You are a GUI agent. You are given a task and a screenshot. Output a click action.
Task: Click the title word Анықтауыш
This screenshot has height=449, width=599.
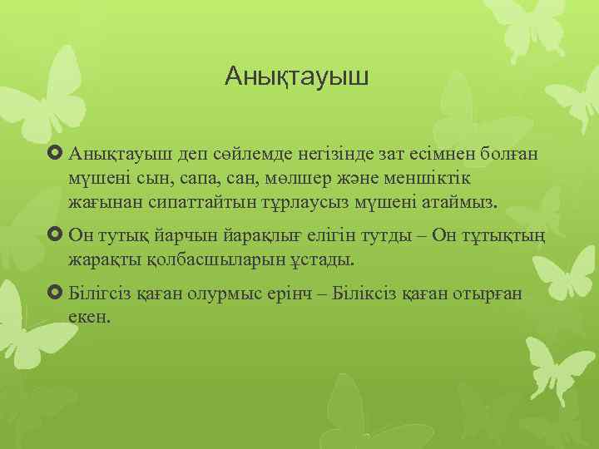(x=296, y=79)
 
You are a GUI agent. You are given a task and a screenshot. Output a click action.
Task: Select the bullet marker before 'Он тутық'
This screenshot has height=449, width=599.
(x=57, y=234)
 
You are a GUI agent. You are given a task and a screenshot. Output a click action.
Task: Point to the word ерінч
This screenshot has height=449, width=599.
(x=321, y=294)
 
